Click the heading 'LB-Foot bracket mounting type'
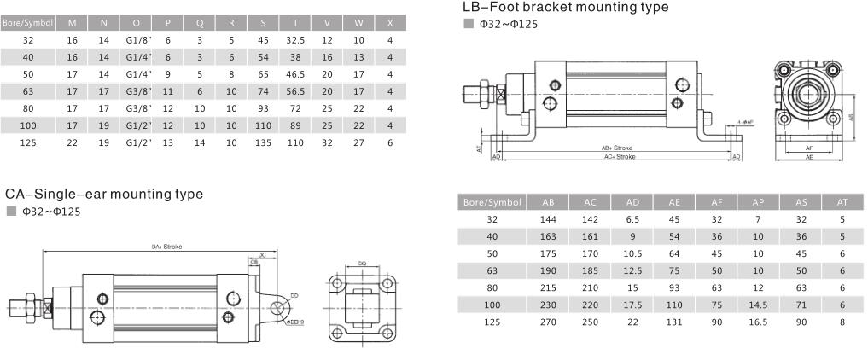[x=564, y=8]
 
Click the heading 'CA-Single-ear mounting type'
[x=104, y=194]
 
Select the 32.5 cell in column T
[x=295, y=40]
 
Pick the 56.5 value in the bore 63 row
[x=295, y=91]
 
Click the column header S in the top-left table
[x=263, y=23]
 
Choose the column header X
[x=389, y=23]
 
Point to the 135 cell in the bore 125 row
[x=263, y=142]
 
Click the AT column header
[x=842, y=203]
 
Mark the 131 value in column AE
[x=673, y=322]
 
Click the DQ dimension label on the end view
[x=362, y=264]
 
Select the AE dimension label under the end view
[x=808, y=157]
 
